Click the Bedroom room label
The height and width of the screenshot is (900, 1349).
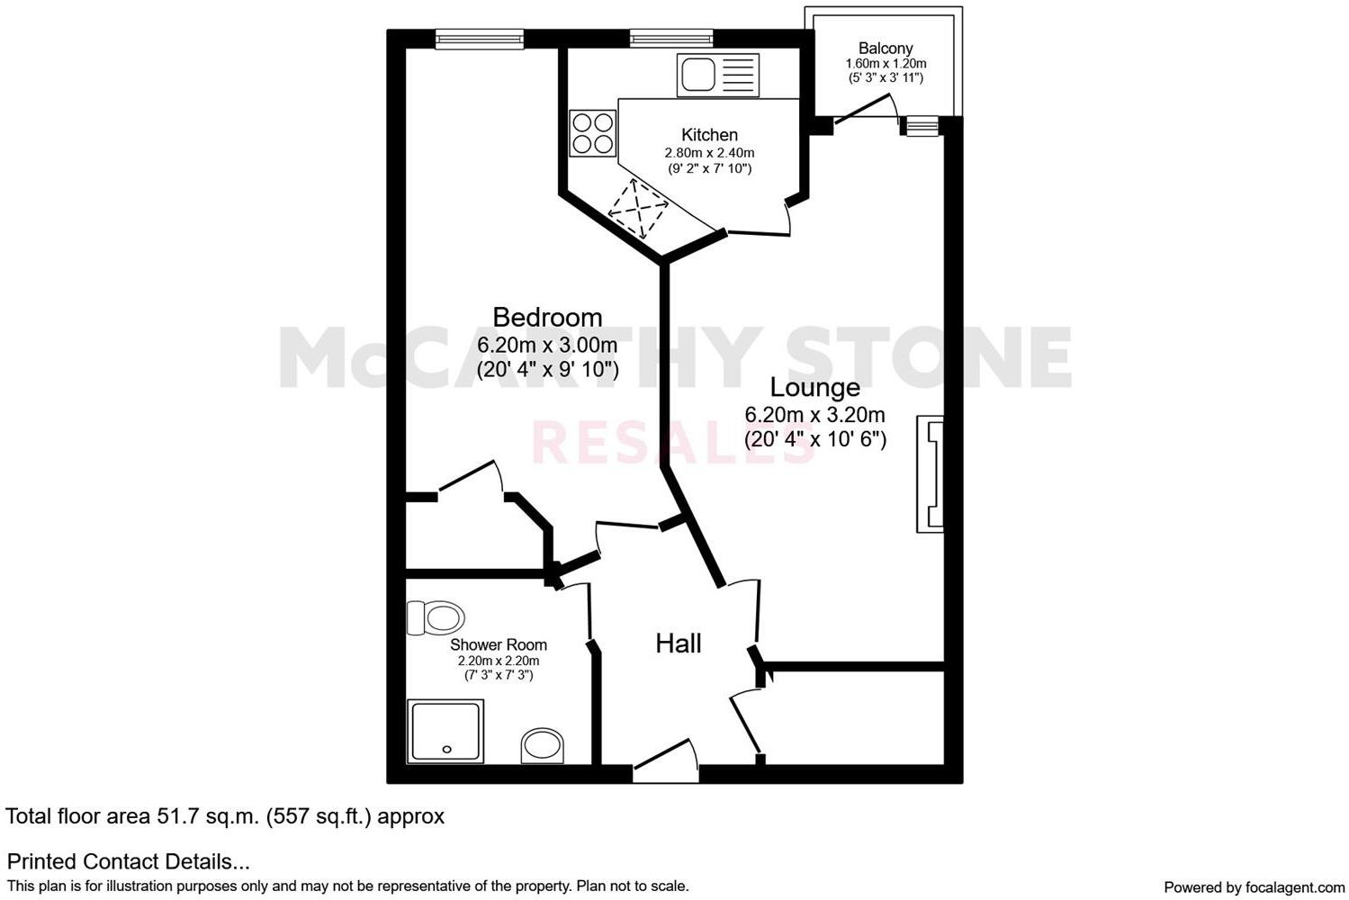coord(547,317)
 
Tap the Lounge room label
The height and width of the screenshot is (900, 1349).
coord(814,387)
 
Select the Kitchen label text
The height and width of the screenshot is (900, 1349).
coord(709,135)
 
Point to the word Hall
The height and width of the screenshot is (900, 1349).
coord(678,643)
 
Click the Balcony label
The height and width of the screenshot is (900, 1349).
coord(886,49)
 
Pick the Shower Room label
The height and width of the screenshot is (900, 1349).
coord(499,644)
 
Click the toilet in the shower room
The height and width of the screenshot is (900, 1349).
coord(436,618)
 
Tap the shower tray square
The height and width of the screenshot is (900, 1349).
coord(445,730)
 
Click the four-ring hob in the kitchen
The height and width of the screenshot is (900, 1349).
coord(593,133)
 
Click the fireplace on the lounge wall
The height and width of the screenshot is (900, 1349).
coord(931,473)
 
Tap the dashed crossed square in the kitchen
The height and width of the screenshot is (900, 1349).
coord(638,209)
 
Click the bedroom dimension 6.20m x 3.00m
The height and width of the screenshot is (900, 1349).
coord(547,345)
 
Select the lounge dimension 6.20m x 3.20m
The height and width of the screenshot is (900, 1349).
coord(814,415)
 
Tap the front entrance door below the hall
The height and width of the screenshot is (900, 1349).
coord(665,767)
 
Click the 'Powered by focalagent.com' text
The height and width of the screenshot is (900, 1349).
coord(1254,886)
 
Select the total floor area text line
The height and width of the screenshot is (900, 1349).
coord(225,816)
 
